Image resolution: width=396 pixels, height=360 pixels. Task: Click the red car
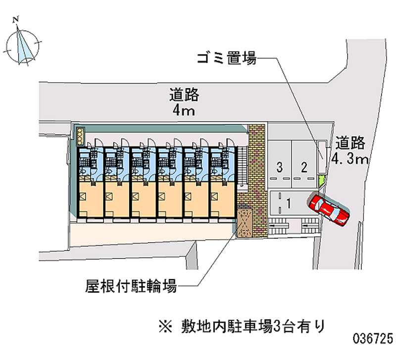coord(329,208)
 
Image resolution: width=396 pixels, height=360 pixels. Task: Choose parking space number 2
coord(304,167)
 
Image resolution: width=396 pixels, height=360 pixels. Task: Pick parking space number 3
coord(280,167)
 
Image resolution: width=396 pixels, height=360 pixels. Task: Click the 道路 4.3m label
coord(350,151)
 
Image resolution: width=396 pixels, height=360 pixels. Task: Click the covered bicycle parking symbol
coord(245,223)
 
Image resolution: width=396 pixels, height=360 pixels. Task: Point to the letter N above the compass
coord(16,19)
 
